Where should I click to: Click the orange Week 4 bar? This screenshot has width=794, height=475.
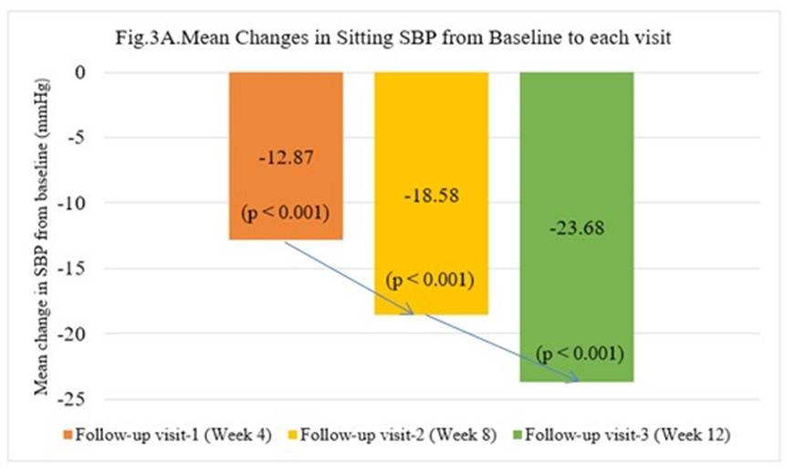click(x=286, y=110)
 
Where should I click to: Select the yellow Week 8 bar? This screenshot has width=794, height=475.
click(x=432, y=137)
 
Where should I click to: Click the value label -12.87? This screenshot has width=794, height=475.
click(x=286, y=157)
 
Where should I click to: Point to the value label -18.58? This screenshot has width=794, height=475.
click(x=432, y=195)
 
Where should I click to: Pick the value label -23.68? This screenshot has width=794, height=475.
click(x=577, y=228)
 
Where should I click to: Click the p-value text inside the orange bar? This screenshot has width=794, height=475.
click(x=286, y=214)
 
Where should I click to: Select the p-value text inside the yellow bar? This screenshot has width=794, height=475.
click(x=432, y=280)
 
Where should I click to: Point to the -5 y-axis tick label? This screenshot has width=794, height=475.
click(x=77, y=138)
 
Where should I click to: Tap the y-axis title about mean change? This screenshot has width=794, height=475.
click(x=40, y=236)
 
